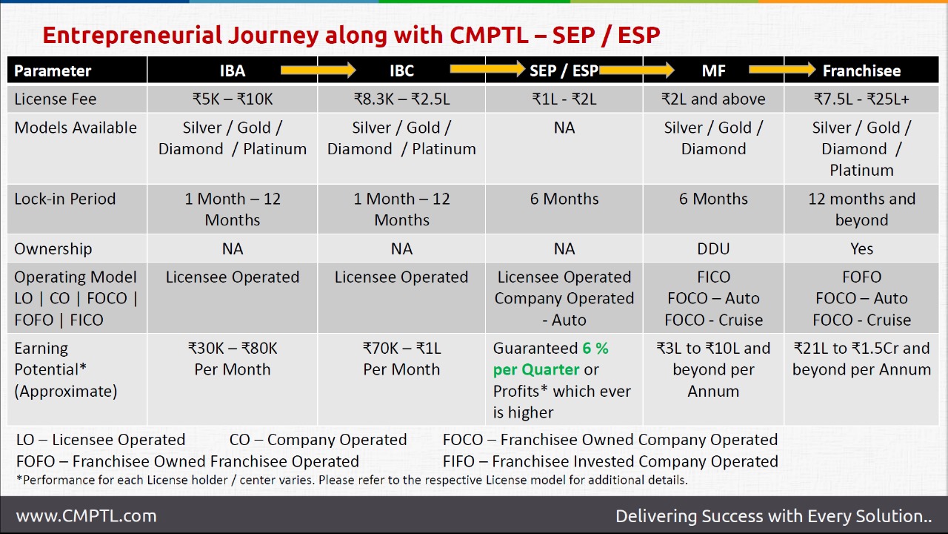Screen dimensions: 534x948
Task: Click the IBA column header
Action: coord(232,70)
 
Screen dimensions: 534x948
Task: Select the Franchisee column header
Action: coord(861,70)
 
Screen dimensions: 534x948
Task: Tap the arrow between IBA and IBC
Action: coord(318,70)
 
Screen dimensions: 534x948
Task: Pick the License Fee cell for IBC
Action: coord(401,99)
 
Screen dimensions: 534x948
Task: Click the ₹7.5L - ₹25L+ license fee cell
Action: coord(861,99)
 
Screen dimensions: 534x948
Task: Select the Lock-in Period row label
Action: coord(65,199)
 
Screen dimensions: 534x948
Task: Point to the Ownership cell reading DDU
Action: coord(713,248)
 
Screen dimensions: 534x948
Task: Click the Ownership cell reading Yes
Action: coord(861,248)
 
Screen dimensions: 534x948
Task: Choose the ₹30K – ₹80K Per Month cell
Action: coord(232,358)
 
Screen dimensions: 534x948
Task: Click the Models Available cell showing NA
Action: coord(564,128)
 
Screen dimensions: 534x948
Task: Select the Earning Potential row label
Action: coord(65,369)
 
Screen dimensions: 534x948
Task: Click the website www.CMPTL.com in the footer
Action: coord(86,515)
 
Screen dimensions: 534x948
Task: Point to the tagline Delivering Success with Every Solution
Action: coord(773,515)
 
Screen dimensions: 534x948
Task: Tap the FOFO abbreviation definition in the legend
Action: coord(187,461)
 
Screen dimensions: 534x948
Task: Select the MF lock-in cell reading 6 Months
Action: coord(713,199)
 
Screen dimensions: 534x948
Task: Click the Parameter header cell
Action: coord(53,70)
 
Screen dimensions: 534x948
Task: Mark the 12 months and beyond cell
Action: coord(861,209)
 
